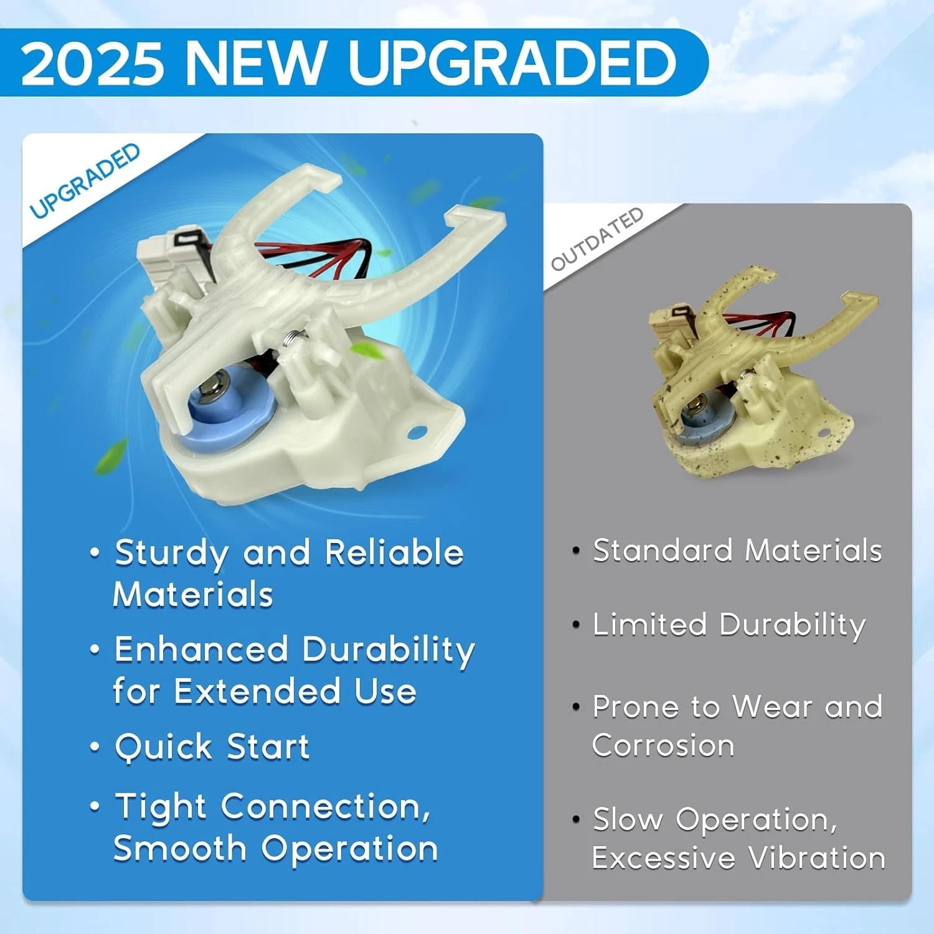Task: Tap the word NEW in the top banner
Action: click(x=256, y=62)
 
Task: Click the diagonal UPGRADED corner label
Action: click(x=85, y=181)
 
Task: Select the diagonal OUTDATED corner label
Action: click(x=597, y=238)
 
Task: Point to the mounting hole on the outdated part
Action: click(x=824, y=433)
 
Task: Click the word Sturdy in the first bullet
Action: click(x=171, y=554)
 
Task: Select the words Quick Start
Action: click(x=212, y=747)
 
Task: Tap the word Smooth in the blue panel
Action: click(x=180, y=848)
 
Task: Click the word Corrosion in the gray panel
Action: click(x=663, y=745)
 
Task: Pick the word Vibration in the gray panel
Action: click(x=817, y=857)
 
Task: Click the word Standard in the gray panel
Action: click(x=663, y=550)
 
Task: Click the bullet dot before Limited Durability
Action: click(x=576, y=625)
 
